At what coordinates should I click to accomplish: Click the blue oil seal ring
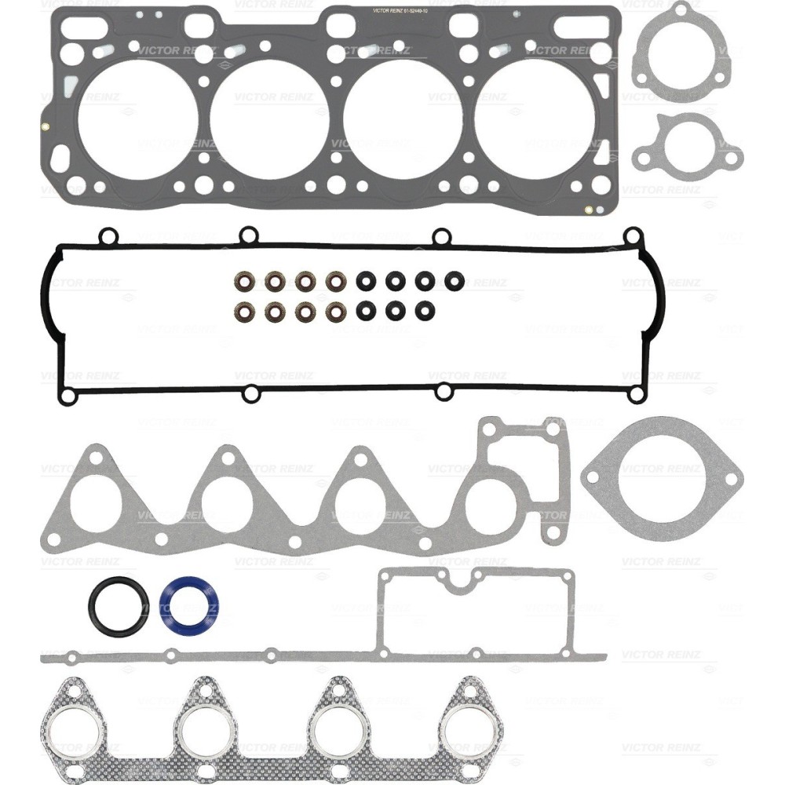point(189,604)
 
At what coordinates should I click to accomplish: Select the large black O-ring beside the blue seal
point(118,604)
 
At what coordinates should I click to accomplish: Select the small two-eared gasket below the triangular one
point(686,144)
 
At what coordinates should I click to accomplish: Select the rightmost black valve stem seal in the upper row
point(454,280)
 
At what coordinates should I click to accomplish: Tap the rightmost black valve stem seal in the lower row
point(425,311)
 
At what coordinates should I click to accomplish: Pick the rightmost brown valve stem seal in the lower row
point(335,311)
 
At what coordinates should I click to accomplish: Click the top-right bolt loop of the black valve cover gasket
point(632,235)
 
